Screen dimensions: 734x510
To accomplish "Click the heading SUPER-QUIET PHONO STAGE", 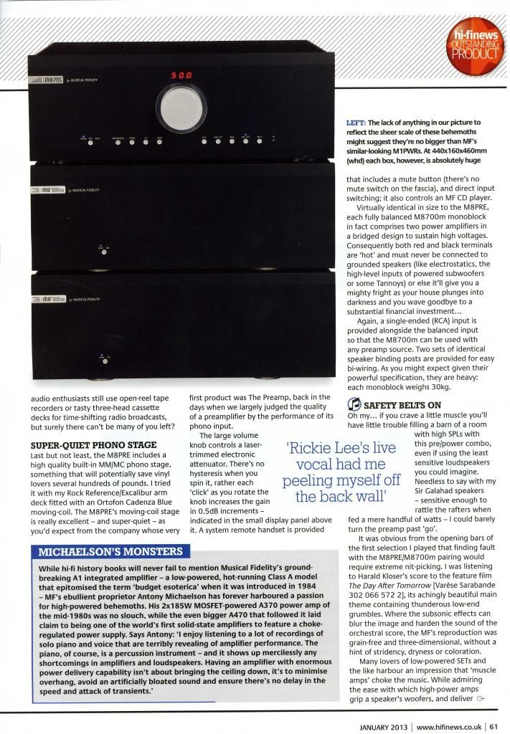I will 84,444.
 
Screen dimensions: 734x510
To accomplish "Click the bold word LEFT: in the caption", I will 357,123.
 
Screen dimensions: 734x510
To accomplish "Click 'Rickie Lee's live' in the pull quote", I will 341,447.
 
